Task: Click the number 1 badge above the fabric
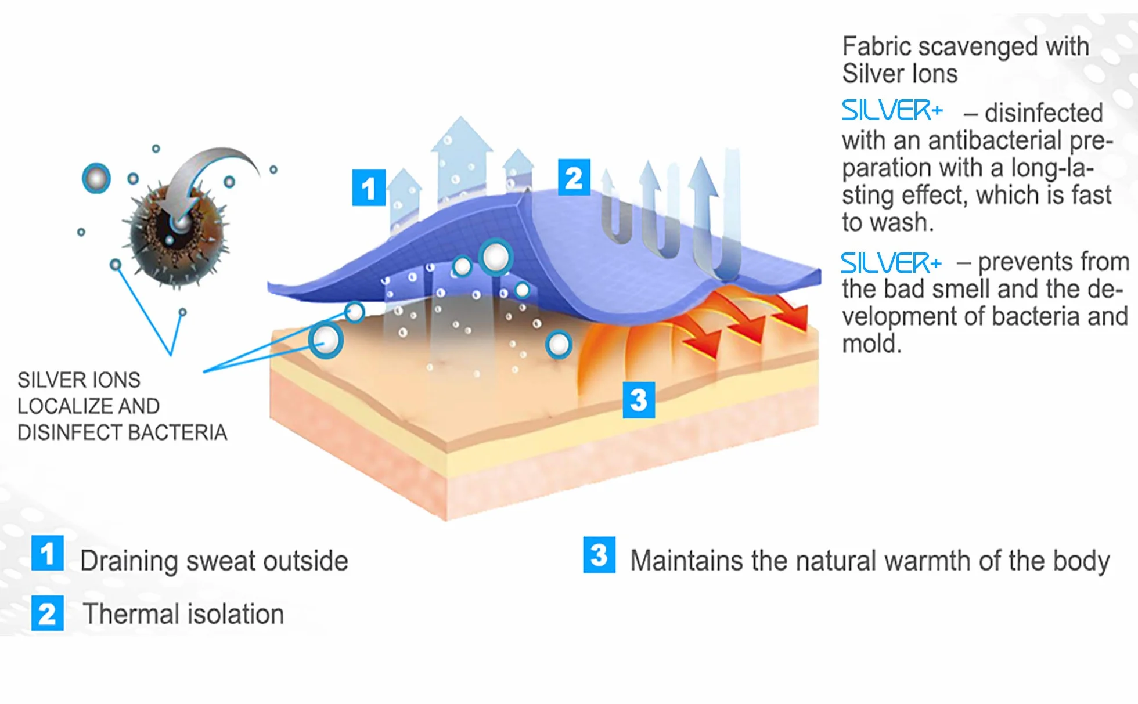pos(369,187)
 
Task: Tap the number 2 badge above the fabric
pos(574,177)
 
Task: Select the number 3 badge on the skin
pos(639,400)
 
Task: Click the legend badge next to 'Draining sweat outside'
pos(48,553)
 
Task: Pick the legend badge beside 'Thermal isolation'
pos(48,613)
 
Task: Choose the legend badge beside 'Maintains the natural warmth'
pos(599,555)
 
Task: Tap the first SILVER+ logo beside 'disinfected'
pos(892,110)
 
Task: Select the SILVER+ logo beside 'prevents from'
pos(891,263)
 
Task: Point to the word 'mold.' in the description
pos(871,344)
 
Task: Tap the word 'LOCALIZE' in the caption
pos(88,406)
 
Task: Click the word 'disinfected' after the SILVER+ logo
pos(1044,113)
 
